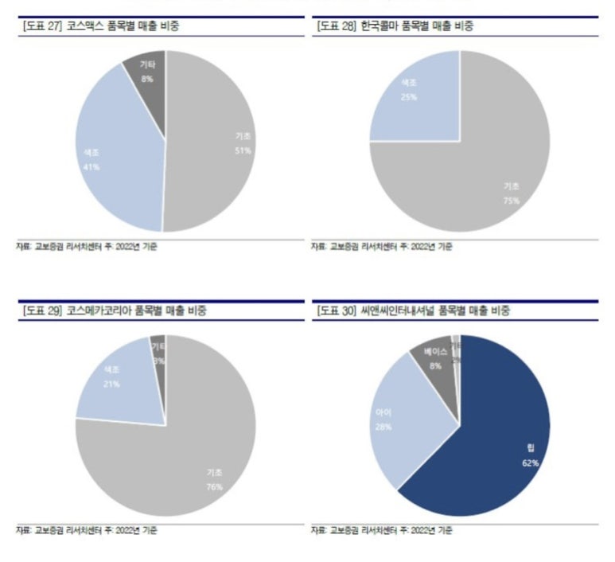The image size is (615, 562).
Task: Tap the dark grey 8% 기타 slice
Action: [x=146, y=76]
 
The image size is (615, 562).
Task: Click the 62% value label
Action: [x=531, y=462]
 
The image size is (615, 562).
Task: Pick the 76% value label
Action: [x=213, y=486]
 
